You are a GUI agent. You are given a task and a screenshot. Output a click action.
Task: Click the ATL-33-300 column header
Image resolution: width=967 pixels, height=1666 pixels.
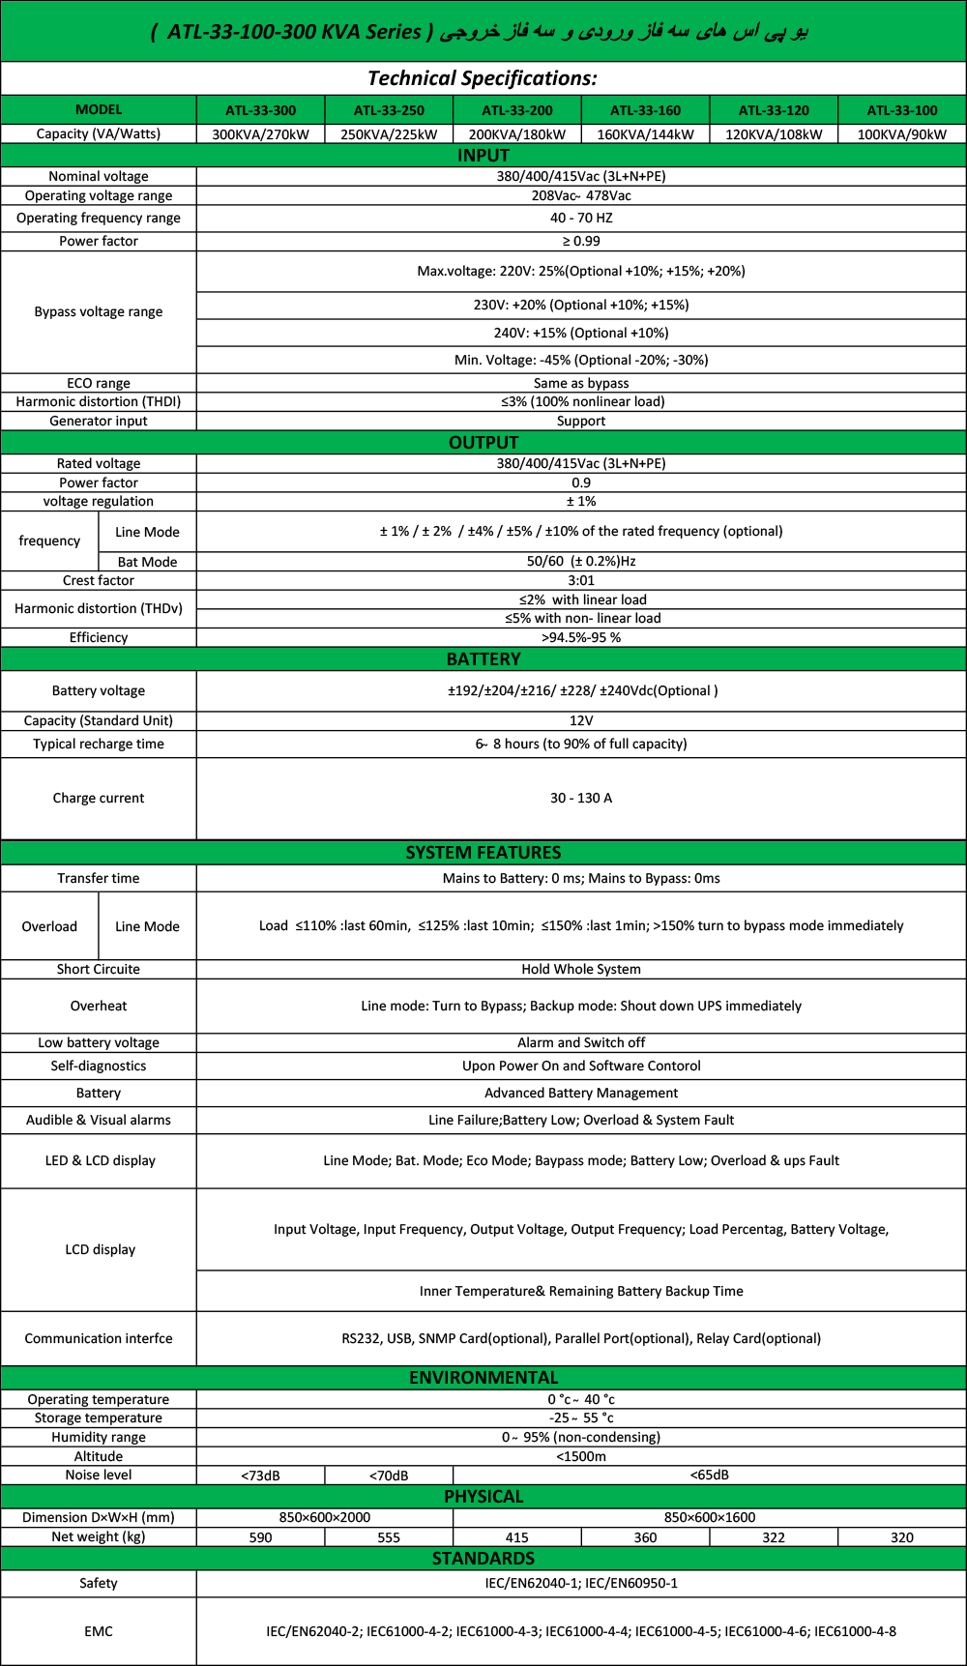point(261,110)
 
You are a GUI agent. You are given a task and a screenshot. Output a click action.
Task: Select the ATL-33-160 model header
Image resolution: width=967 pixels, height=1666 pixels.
point(645,110)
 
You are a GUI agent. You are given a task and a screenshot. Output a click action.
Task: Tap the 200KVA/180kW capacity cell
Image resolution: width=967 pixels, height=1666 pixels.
point(517,134)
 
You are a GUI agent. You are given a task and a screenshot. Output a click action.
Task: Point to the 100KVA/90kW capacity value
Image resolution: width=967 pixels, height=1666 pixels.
point(902,134)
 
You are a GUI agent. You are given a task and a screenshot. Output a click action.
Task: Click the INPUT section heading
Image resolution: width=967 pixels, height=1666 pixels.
point(483,155)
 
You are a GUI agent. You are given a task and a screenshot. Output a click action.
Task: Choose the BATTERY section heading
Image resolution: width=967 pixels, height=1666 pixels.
point(483,658)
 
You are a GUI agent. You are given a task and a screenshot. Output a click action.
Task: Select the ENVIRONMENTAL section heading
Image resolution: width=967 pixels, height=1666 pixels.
point(483,1377)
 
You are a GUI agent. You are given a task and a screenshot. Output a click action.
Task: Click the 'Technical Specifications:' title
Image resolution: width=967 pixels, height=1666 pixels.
point(483,78)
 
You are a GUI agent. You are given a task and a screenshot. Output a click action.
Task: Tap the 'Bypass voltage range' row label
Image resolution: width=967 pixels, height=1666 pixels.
point(99,311)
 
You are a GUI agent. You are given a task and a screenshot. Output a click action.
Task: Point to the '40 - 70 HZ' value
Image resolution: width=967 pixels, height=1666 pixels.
point(581,218)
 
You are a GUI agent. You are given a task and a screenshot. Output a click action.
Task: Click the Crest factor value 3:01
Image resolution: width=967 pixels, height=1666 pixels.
point(581,580)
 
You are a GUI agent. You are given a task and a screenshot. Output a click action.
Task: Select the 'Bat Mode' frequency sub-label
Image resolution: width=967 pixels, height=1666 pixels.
point(147,562)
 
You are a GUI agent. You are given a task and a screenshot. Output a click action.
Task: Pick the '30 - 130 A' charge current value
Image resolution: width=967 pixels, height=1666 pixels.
point(581,798)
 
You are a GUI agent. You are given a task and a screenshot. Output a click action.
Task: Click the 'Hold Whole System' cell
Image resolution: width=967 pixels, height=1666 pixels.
point(581,969)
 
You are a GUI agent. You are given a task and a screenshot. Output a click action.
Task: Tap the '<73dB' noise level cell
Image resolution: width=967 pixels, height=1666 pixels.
point(260,1476)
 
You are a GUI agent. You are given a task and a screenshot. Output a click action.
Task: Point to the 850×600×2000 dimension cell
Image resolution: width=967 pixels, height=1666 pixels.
point(325,1517)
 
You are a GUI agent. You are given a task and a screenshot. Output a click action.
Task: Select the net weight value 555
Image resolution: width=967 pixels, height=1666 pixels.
point(389,1537)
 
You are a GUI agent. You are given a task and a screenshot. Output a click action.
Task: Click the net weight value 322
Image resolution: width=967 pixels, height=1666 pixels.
point(774,1537)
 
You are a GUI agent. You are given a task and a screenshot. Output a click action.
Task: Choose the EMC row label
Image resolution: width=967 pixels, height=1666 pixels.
point(99,1631)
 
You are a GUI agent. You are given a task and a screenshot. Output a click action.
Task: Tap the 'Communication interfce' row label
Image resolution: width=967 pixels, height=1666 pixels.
point(99,1338)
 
